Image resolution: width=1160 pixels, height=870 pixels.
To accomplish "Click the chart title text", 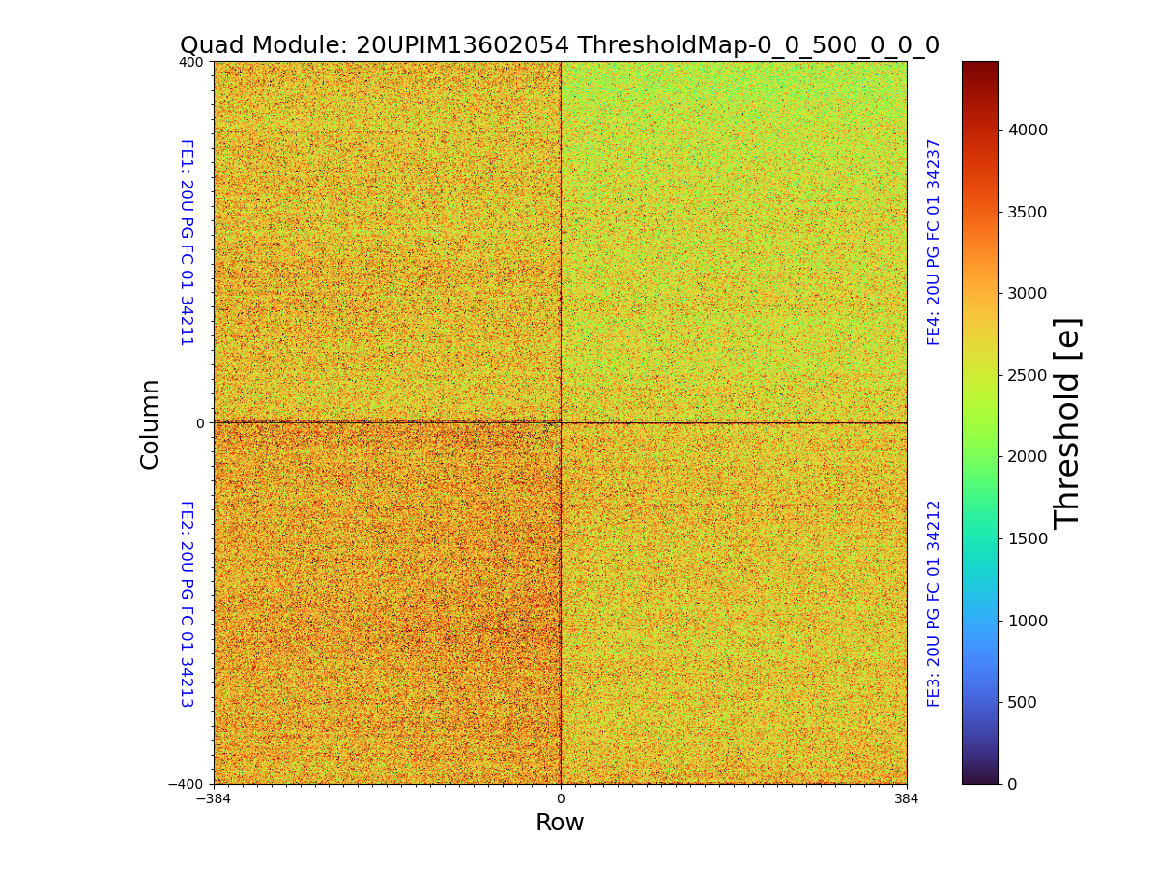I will (x=560, y=45).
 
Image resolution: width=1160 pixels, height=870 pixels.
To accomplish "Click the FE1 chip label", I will (x=187, y=243).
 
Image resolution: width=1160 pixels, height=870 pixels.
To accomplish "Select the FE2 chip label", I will (x=187, y=604).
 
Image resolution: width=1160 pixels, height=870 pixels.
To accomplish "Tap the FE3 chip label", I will (x=934, y=603).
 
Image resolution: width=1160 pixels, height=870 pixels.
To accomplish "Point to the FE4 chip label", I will (x=934, y=242).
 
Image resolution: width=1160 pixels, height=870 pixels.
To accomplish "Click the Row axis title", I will (x=560, y=823).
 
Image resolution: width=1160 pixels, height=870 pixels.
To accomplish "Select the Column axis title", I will (x=150, y=423).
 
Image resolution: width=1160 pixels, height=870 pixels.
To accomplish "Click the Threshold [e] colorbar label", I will (x=1067, y=422).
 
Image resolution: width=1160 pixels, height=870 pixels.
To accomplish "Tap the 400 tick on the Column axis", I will (x=191, y=62).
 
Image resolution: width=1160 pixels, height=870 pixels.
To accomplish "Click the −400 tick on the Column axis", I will (x=187, y=784).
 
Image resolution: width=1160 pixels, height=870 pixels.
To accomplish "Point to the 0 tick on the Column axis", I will (x=200, y=423).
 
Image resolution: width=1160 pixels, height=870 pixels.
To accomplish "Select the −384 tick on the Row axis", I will (x=214, y=799).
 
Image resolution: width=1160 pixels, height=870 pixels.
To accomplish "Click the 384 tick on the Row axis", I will (x=907, y=799).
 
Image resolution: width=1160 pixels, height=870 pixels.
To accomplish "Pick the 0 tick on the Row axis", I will (x=561, y=799).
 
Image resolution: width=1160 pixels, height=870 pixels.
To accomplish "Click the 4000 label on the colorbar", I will (x=1029, y=130).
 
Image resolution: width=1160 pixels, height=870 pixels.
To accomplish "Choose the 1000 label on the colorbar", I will (x=1029, y=621).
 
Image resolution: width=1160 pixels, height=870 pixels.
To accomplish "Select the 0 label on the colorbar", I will (x=1012, y=784).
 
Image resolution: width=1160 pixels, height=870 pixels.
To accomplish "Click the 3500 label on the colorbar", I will (x=1029, y=212).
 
